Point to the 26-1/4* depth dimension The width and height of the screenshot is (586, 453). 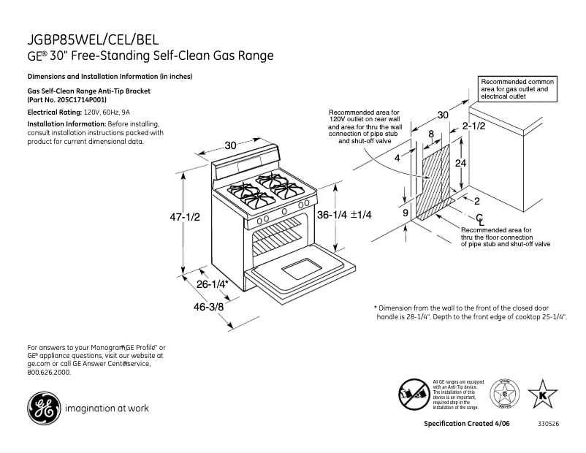pos(213,283)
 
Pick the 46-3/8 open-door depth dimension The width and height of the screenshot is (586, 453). pos(208,307)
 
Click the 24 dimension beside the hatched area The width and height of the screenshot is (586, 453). pos(460,163)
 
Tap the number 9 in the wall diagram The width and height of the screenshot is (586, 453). pos(405,213)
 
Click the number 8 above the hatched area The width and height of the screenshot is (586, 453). pos(431,134)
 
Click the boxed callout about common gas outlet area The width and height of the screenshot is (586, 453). pos(517,88)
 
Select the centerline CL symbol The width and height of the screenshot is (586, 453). pos(480,219)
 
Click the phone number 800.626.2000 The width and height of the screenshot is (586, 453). pos(49,372)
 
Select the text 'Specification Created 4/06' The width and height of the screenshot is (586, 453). pos(468,425)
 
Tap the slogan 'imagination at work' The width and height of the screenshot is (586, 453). pos(107,408)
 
